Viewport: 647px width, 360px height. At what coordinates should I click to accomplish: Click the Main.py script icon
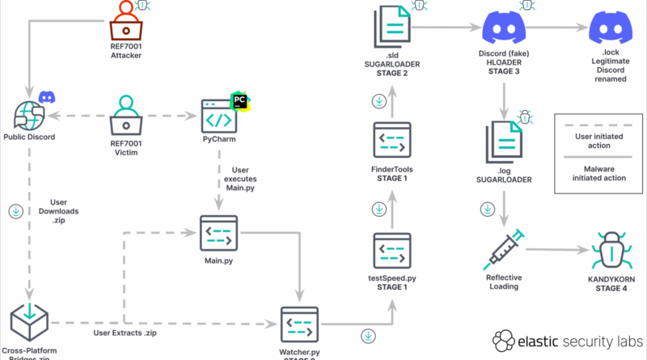tap(219, 235)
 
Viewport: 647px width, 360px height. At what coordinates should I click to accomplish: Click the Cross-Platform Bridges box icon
tap(29, 323)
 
